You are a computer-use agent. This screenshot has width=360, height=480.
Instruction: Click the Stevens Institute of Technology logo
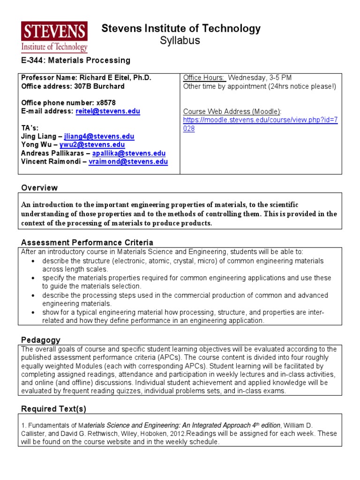(x=54, y=37)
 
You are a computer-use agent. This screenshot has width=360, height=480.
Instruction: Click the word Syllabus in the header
(x=180, y=41)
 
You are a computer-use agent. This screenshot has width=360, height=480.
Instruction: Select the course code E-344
(x=32, y=60)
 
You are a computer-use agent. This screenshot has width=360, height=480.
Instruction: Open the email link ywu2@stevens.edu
(x=92, y=145)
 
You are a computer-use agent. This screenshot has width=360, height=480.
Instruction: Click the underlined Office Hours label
(x=203, y=78)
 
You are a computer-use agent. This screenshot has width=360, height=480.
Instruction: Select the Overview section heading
(x=39, y=187)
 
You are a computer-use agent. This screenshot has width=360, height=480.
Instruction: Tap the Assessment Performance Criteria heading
(x=87, y=242)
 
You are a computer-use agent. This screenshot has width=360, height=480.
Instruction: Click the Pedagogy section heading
(x=41, y=339)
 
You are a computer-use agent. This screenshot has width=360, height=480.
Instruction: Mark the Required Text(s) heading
(x=53, y=409)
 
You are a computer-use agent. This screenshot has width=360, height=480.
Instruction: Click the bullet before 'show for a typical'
(x=33, y=313)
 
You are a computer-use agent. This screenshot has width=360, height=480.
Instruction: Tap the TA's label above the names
(x=30, y=128)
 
